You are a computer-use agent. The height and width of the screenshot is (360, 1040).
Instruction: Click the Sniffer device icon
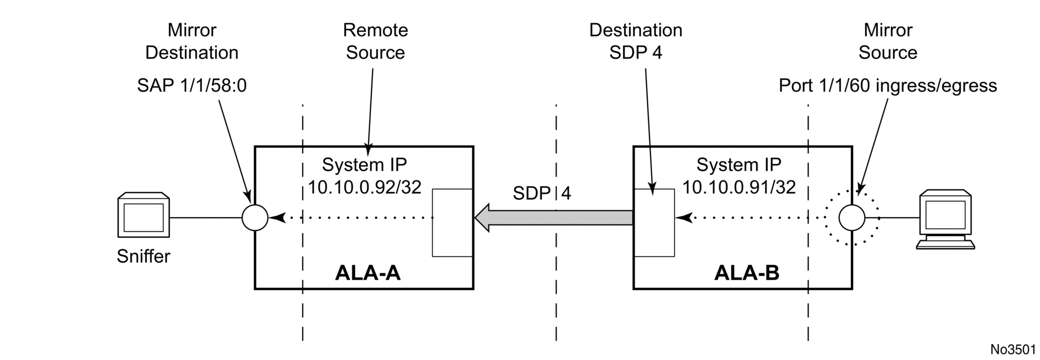coord(144,216)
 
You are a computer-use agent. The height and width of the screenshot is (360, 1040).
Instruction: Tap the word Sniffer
coord(144,256)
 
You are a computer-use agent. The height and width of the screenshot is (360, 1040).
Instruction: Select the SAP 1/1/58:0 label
coord(192,86)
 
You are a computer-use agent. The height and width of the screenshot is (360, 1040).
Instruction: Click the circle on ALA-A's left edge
coord(255,217)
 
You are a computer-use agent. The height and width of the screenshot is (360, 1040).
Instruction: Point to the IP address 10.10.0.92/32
coord(365,187)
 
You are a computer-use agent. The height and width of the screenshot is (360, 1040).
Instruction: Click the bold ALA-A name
coord(367,273)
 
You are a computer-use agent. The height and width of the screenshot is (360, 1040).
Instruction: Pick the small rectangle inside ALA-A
coord(452,223)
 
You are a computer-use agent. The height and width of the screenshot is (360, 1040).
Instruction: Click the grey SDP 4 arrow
coord(554,218)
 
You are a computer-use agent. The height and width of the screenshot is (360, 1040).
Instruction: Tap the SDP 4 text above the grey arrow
coord(542,193)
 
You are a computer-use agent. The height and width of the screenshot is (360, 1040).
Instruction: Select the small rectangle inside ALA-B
coord(654,223)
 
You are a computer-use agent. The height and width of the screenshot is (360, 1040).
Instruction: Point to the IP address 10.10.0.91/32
coord(739,187)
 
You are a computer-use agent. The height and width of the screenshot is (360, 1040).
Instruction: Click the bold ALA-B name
coord(747,273)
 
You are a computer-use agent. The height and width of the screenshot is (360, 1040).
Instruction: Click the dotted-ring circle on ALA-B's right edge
coord(852,217)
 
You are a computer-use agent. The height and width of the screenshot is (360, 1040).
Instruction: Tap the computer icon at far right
coord(945,220)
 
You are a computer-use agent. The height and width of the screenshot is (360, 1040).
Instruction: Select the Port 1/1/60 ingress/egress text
coord(888,86)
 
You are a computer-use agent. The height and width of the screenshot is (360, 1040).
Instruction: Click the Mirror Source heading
coord(888,41)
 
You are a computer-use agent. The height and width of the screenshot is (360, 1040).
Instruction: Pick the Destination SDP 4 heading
coord(636,41)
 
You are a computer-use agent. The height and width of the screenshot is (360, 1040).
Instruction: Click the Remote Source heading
coord(375,41)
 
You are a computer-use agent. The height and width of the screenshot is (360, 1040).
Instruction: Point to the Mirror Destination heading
coord(192,41)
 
